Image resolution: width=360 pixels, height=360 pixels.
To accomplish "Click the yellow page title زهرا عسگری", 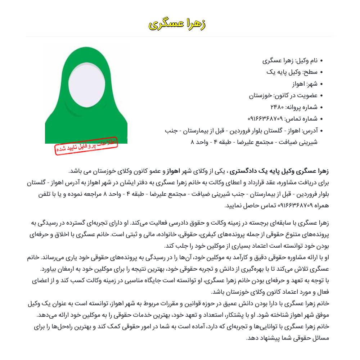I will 177,24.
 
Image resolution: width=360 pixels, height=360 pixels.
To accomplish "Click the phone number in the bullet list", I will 265,118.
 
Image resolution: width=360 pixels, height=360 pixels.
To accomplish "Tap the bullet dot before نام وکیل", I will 321,61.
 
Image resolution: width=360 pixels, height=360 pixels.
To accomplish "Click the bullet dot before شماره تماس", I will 321,118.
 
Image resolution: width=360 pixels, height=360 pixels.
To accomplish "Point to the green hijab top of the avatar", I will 86,54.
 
